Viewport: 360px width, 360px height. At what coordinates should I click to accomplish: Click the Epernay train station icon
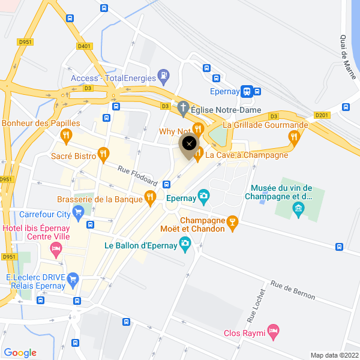click(x=246, y=92)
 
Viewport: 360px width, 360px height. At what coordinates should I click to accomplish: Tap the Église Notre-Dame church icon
click(x=183, y=109)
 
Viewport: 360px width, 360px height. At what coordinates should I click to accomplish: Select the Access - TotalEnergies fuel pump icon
click(x=163, y=76)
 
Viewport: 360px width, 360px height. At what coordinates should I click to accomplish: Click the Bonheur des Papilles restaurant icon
click(x=67, y=137)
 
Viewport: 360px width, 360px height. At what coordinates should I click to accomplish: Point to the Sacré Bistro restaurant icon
click(x=103, y=154)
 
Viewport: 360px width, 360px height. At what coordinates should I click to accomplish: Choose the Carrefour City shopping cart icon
click(x=77, y=211)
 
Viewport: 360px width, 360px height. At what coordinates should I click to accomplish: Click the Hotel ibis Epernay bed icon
click(x=56, y=248)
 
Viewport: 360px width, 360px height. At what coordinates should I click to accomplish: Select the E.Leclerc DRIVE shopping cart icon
click(x=73, y=278)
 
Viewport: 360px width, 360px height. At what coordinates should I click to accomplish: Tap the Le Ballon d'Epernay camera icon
click(x=185, y=242)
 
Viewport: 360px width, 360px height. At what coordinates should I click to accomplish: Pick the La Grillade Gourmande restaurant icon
click(x=293, y=137)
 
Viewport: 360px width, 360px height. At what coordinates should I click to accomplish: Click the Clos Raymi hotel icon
click(x=274, y=329)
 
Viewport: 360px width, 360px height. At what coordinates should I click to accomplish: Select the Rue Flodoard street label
click(x=137, y=175)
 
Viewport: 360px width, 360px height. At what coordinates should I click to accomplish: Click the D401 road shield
click(x=85, y=46)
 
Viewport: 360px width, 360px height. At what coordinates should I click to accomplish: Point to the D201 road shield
click(x=322, y=115)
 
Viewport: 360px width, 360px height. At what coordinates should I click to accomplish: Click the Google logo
click(x=20, y=353)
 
